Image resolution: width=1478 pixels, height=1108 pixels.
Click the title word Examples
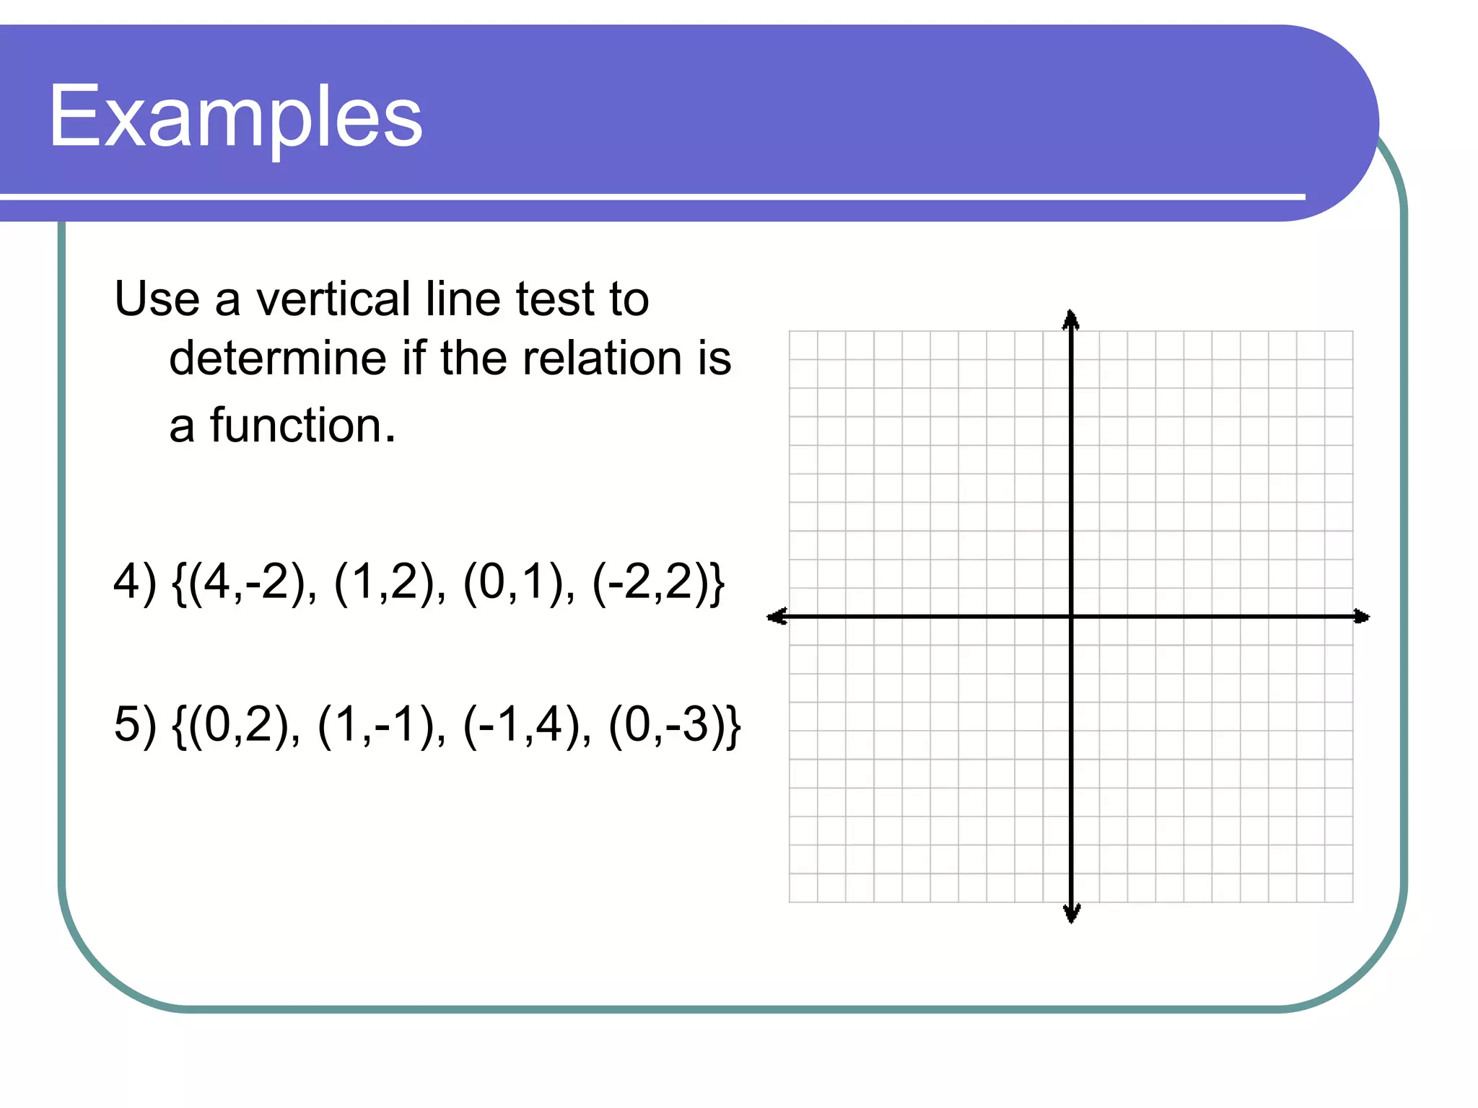tap(235, 117)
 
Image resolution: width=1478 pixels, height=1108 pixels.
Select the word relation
tap(603, 359)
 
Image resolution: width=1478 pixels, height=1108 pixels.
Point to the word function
tap(296, 426)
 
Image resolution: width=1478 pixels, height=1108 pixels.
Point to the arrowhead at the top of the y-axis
tap(1071, 319)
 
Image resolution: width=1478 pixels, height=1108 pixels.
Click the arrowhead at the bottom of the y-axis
tap(1072, 914)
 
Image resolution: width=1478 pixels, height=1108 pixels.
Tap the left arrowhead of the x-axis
tap(777, 616)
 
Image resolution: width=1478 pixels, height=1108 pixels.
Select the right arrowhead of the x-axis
tap(1361, 616)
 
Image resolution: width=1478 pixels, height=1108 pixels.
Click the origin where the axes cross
tap(1072, 616)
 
